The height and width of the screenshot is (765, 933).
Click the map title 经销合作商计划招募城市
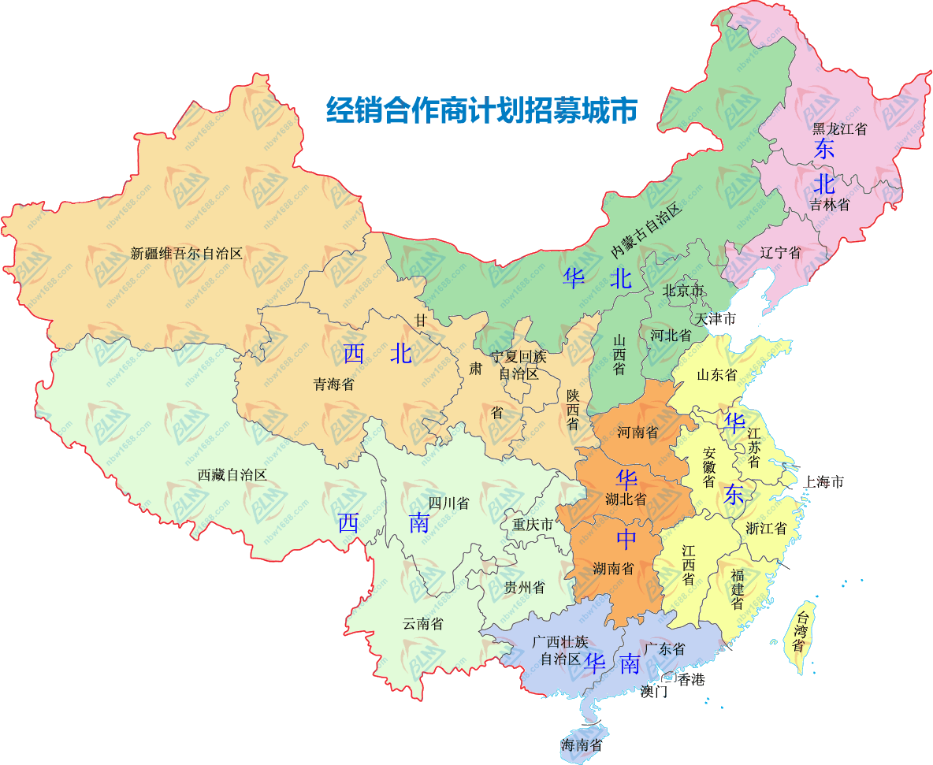point(481,110)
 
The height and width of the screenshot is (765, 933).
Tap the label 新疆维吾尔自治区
point(187,254)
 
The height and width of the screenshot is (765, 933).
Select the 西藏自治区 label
point(232,475)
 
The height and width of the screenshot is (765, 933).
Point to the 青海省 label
point(333,384)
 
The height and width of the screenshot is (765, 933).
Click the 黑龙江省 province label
point(839,128)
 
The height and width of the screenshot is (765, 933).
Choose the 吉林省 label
point(830,205)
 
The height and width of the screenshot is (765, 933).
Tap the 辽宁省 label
point(781,252)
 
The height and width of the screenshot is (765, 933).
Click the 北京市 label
point(683,291)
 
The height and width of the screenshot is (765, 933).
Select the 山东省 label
point(716,374)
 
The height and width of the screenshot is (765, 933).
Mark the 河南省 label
point(637,432)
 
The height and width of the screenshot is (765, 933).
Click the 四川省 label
point(448,503)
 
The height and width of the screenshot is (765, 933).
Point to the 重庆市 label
point(533,524)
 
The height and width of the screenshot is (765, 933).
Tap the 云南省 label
point(423,624)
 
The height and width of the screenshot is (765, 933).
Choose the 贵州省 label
point(524,587)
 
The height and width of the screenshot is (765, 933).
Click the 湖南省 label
point(614,568)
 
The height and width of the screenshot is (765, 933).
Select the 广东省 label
point(664,649)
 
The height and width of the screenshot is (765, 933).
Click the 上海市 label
point(823,481)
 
